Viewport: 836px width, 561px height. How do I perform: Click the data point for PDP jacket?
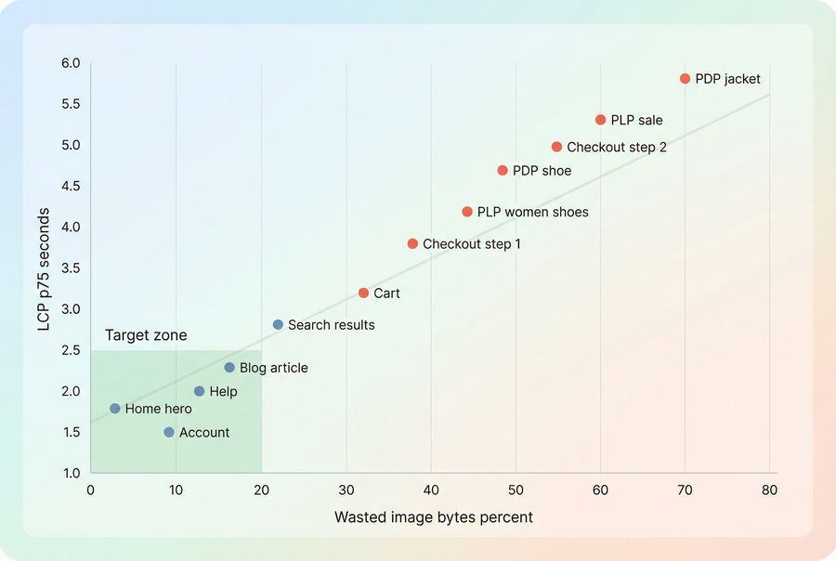tap(686, 79)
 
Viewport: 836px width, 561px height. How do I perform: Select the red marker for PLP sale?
tap(600, 120)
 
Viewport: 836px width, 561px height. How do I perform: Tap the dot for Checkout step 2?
tap(557, 147)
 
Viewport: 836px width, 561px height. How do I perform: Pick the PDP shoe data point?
tap(503, 171)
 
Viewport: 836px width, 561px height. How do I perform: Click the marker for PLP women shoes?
tap(467, 212)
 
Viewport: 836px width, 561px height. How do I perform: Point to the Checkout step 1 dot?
tap(412, 243)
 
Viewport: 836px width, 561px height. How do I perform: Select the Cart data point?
tap(363, 293)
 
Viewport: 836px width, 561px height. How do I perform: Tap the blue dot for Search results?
tap(278, 325)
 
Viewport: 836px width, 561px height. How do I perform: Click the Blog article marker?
tap(229, 368)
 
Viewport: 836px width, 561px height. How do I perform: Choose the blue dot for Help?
tap(199, 391)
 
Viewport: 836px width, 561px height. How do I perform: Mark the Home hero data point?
tap(115, 409)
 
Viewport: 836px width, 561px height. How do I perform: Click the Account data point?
tap(169, 432)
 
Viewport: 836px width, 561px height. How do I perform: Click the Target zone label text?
tap(146, 335)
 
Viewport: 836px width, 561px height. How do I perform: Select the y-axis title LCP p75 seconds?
tap(45, 268)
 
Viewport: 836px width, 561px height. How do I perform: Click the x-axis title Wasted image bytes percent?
tap(434, 517)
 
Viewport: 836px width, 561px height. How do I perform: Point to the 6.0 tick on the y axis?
tap(71, 63)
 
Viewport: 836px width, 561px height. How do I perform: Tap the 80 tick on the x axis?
tap(769, 489)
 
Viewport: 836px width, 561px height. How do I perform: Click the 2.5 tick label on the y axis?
tap(71, 350)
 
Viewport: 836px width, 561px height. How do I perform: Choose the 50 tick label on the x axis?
tap(515, 489)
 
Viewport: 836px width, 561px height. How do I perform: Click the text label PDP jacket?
tap(727, 79)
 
